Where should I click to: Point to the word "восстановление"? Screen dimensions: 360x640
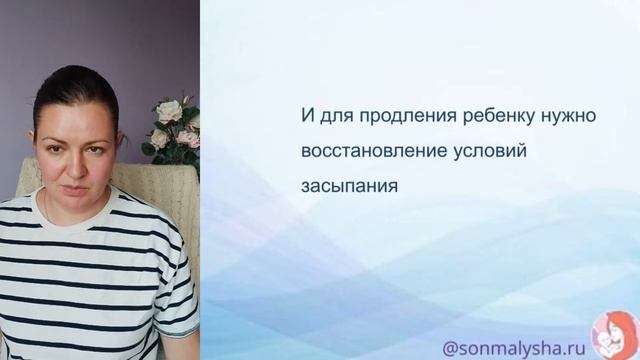(363, 150)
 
